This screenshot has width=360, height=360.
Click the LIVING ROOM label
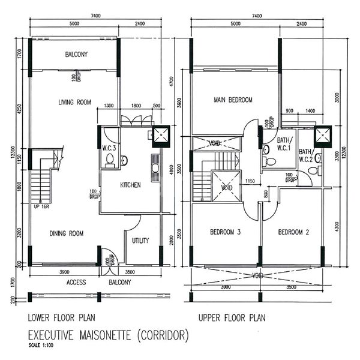pyautogui.click(x=74, y=103)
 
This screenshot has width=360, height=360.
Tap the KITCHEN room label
pyautogui.click(x=130, y=185)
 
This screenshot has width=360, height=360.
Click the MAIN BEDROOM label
pyautogui.click(x=233, y=100)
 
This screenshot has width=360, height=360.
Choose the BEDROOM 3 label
pyautogui.click(x=225, y=232)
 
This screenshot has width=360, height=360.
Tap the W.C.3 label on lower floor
pyautogui.click(x=109, y=143)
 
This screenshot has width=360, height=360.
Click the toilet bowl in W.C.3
pyautogui.click(x=110, y=160)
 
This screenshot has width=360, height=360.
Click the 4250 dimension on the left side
pyautogui.click(x=20, y=110)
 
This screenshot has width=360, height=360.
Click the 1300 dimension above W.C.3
pyautogui.click(x=108, y=106)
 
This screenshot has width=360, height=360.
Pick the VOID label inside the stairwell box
pyautogui.click(x=226, y=187)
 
